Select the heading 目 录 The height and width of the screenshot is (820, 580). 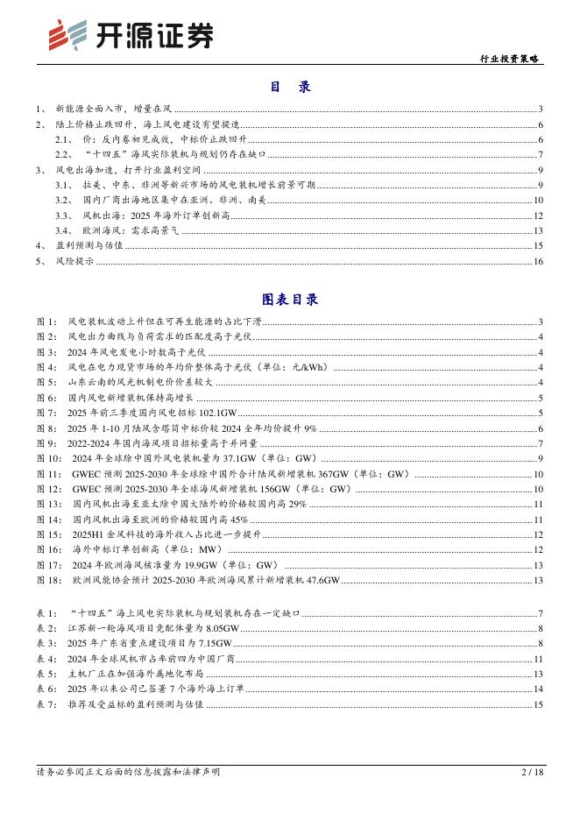point(289,88)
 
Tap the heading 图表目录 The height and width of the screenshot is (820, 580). point(289,300)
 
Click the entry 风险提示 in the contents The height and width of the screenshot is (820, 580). point(74,261)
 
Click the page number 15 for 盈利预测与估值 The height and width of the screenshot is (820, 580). point(540,246)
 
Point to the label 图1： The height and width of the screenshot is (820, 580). point(46,322)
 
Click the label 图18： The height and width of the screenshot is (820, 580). point(48,580)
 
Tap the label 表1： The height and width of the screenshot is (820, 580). point(46,613)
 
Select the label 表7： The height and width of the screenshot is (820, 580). point(46,704)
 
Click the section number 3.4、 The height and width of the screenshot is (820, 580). point(66,230)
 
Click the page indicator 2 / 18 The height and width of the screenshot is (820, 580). point(532,772)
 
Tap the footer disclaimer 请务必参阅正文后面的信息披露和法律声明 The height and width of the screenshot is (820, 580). point(128,772)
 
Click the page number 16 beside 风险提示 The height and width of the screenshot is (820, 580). point(540,261)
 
